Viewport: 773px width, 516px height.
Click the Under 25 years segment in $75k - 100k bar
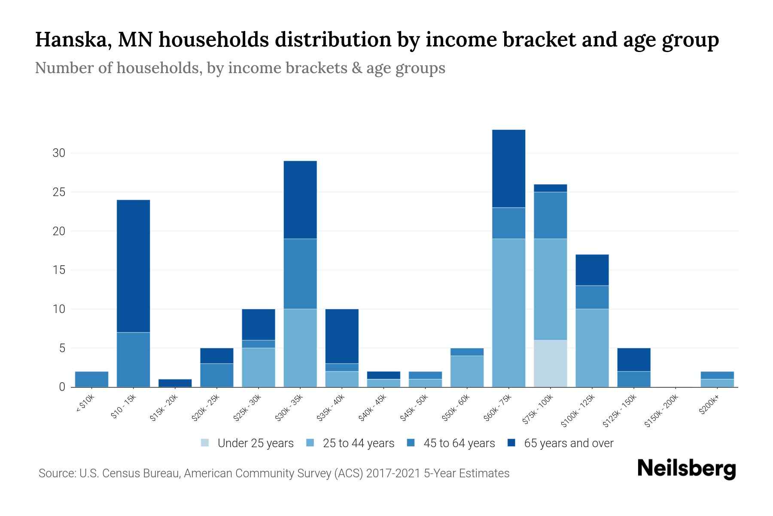(550, 363)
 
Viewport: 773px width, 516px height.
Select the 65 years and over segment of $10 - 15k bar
(133, 266)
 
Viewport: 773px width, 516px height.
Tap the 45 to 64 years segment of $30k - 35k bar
(300, 273)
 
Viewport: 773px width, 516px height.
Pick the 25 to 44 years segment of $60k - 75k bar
(508, 313)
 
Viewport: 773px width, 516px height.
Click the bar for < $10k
(91, 379)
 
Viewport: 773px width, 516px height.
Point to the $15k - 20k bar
(175, 383)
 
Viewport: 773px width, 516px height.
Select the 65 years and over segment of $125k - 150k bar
(633, 359)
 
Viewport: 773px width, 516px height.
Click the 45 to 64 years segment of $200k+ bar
(717, 375)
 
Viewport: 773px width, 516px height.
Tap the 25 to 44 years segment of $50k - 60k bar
(467, 371)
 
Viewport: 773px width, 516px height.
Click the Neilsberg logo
(686, 469)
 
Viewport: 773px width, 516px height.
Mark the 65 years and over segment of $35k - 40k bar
(342, 336)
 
